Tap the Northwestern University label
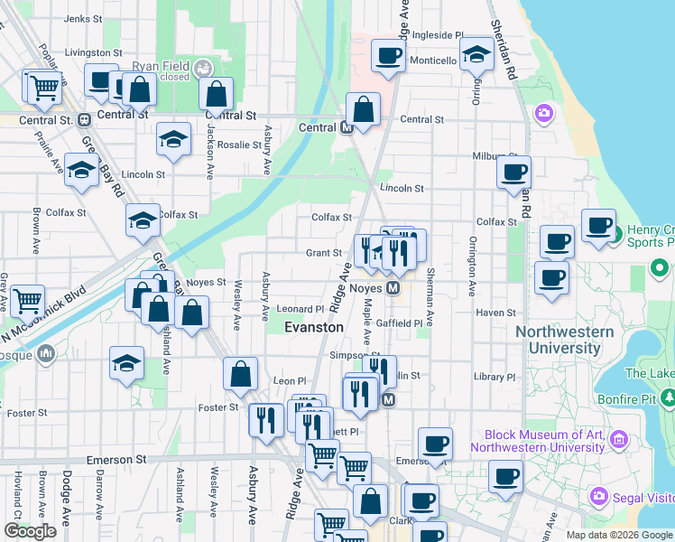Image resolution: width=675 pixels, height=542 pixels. coord(564,340)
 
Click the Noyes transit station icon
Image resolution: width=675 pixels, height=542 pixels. coord(393,288)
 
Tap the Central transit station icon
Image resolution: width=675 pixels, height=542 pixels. coord(347,128)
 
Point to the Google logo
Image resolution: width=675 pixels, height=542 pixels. coord(30,531)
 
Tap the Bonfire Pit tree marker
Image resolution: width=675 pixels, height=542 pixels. coord(668,397)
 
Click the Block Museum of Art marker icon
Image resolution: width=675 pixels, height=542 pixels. coord(619,440)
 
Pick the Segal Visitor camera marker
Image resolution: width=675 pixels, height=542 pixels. coord(597,496)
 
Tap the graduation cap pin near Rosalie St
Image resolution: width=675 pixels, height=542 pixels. coord(173,140)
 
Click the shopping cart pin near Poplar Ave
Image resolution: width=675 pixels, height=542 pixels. coord(43,88)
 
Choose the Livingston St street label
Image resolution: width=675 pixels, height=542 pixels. coord(93,53)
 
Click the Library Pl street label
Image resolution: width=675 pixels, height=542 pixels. coord(496,377)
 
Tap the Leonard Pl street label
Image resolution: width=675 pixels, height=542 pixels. coord(300,309)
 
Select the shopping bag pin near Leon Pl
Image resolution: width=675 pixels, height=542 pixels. coord(240,374)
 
